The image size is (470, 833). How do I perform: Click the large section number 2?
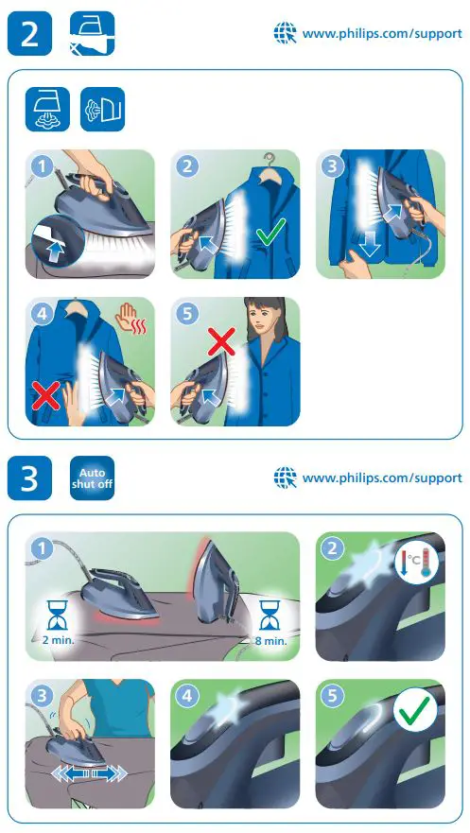[x=29, y=34]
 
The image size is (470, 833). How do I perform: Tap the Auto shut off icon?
[x=92, y=477]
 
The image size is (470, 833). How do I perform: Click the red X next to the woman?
[x=220, y=340]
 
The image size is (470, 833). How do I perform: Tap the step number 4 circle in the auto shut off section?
[x=187, y=695]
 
